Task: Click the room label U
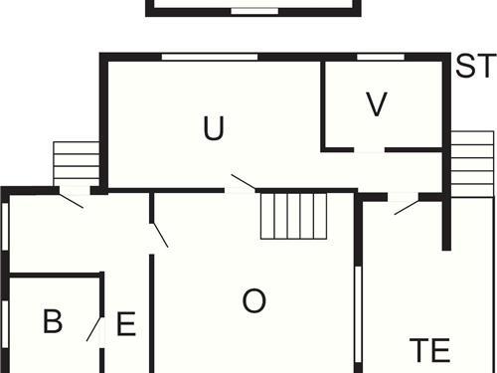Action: coord(213,128)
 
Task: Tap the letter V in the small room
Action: coord(376,104)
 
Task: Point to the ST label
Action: coord(475,68)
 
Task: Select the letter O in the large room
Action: coord(254,301)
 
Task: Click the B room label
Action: coord(53,322)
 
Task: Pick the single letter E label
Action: coord(126,324)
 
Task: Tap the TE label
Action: coord(430,350)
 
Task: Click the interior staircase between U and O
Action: coord(294,216)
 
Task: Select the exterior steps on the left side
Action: coord(77,163)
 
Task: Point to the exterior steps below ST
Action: coord(472,163)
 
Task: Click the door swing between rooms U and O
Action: coord(242,182)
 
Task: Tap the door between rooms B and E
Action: coord(97,329)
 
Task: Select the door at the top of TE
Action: coord(404,204)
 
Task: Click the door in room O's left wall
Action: coord(158,235)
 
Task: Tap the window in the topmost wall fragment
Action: coord(254,12)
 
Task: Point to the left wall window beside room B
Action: coord(5,324)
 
